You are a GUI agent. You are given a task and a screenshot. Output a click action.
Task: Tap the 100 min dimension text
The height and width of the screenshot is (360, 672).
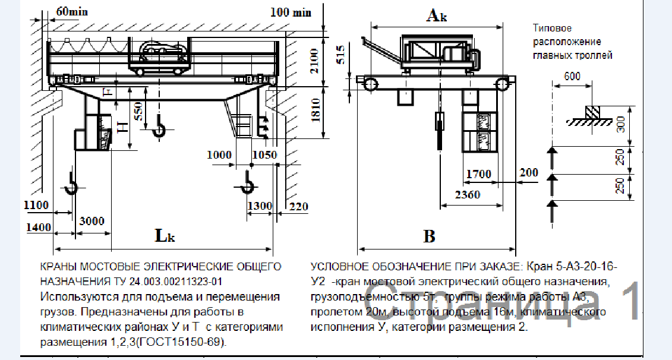click(x=290, y=11)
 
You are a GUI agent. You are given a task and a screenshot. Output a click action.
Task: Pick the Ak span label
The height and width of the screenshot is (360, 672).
click(x=436, y=16)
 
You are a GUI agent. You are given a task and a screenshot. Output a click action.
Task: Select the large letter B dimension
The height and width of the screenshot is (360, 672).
click(x=429, y=236)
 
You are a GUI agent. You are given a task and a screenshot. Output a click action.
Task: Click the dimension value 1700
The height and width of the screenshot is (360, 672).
click(x=478, y=174)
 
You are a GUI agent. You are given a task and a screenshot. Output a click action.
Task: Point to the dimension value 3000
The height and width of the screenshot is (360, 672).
click(x=92, y=221)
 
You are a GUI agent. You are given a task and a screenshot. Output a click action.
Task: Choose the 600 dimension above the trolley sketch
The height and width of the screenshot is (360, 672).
click(x=572, y=75)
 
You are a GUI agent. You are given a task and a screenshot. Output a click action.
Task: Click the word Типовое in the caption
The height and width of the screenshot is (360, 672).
click(x=552, y=29)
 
